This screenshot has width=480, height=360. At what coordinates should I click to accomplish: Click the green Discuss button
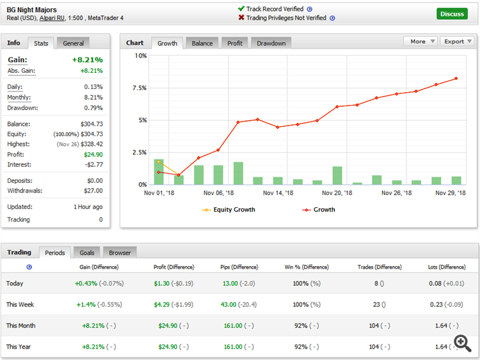[x=452, y=13]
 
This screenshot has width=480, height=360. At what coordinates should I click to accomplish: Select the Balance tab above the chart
[x=202, y=43]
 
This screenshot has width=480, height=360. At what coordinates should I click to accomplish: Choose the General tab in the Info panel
[x=74, y=43]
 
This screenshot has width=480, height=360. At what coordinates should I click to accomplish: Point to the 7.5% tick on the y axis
[x=139, y=88]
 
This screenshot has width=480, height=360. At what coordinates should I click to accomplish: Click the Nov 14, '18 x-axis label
[x=278, y=192]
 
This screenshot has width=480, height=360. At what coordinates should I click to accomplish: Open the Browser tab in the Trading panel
[x=120, y=253]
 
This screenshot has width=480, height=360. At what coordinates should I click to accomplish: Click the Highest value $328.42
[x=89, y=145]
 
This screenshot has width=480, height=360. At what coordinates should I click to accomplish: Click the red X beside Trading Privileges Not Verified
[x=241, y=18]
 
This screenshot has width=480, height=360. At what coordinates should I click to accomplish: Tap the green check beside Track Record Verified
[x=241, y=9]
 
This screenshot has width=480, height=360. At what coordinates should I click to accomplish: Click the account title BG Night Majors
[x=31, y=10]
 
